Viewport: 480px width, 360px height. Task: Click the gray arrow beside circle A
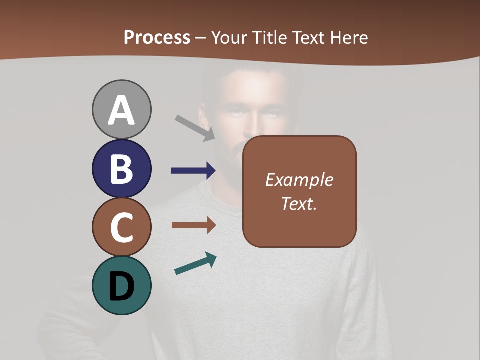tap(195, 128)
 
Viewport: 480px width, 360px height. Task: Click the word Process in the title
tap(157, 38)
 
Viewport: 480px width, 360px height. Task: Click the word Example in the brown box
tap(299, 180)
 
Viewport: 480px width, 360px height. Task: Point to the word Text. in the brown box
tap(299, 203)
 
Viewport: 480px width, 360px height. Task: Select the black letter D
tap(121, 286)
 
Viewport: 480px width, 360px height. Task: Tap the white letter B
tap(121, 169)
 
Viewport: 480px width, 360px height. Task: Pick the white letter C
tap(121, 228)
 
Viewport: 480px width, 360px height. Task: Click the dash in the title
tap(201, 38)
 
